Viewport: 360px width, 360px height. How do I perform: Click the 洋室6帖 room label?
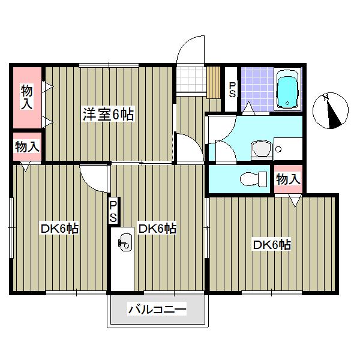108,114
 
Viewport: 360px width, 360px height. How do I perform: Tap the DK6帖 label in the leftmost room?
60,229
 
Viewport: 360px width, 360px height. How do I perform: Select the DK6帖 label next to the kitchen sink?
157,229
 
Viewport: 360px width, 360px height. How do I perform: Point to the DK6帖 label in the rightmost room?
271,245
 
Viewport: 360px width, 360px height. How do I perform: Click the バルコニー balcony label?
157,310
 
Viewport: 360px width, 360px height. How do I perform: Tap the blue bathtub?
288,92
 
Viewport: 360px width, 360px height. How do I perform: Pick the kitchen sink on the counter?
125,242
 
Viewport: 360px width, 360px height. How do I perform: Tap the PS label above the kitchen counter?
113,212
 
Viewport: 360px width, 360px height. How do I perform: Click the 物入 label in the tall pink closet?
27,97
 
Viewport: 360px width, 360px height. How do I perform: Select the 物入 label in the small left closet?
27,146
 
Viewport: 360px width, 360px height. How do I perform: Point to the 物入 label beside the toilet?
288,179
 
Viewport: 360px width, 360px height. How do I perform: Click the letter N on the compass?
325,98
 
